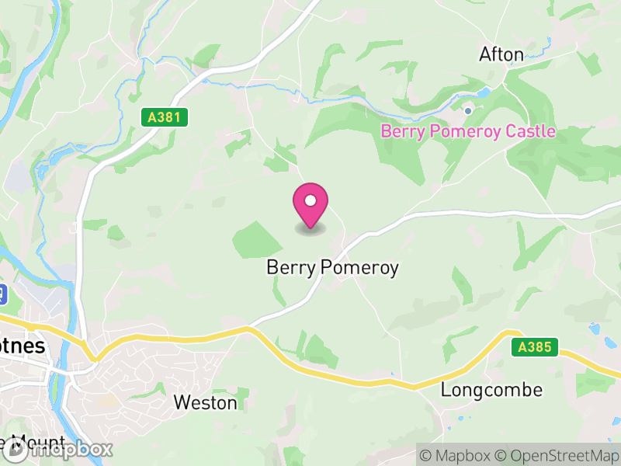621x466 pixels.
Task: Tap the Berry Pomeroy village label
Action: pos(332,268)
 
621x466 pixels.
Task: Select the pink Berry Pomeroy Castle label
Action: pos(468,131)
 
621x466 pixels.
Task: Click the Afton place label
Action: pos(501,54)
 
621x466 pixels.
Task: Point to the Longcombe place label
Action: pos(491,389)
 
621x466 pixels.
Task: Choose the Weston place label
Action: pos(205,402)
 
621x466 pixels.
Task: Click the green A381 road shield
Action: pos(165,117)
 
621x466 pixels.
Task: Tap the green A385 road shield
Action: pos(536,347)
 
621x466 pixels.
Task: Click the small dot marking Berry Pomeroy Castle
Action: pos(467,111)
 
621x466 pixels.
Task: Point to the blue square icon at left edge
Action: pos(2,294)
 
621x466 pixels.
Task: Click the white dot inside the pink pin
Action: pos(310,201)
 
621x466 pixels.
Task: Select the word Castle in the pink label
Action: pos(531,131)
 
